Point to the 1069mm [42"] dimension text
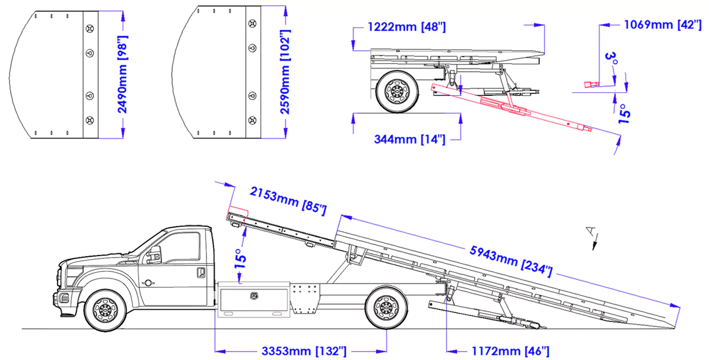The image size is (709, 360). coord(662,24)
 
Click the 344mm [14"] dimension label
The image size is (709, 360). coord(410,139)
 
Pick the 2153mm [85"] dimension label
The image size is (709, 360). coord(288,200)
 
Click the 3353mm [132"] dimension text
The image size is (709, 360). coord(304,351)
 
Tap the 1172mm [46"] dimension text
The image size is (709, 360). coord(508,351)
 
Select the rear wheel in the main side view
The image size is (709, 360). coord(387,308)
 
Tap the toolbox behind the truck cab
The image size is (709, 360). coord(253,300)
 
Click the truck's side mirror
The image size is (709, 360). coord(155,255)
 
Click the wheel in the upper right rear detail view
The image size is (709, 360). coord(398,91)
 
